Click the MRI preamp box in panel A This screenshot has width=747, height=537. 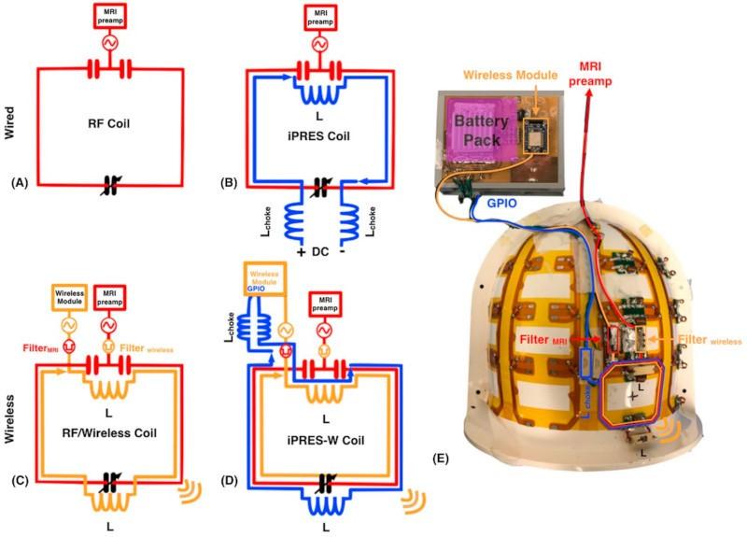point(110,16)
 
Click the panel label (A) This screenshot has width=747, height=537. point(19,183)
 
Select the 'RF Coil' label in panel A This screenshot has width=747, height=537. point(109,120)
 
